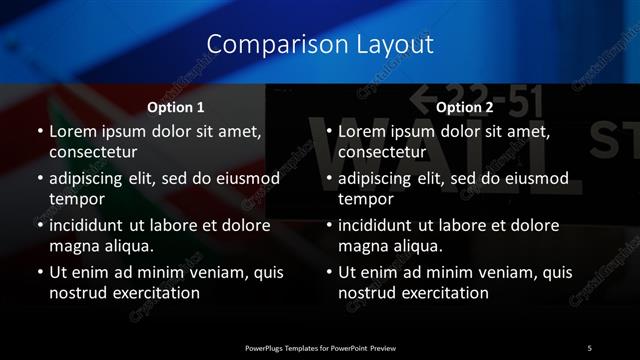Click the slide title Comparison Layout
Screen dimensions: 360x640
tap(320, 44)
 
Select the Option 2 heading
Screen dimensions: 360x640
tap(465, 107)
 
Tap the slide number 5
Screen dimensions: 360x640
tap(590, 347)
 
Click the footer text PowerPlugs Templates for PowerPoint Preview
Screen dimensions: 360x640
tap(320, 347)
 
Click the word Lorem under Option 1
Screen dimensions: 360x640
tap(72, 131)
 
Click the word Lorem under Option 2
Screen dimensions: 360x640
tap(362, 131)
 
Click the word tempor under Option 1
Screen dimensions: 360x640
tap(75, 198)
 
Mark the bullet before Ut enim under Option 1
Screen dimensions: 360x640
tap(38, 273)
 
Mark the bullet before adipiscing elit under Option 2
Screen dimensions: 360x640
tap(328, 179)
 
